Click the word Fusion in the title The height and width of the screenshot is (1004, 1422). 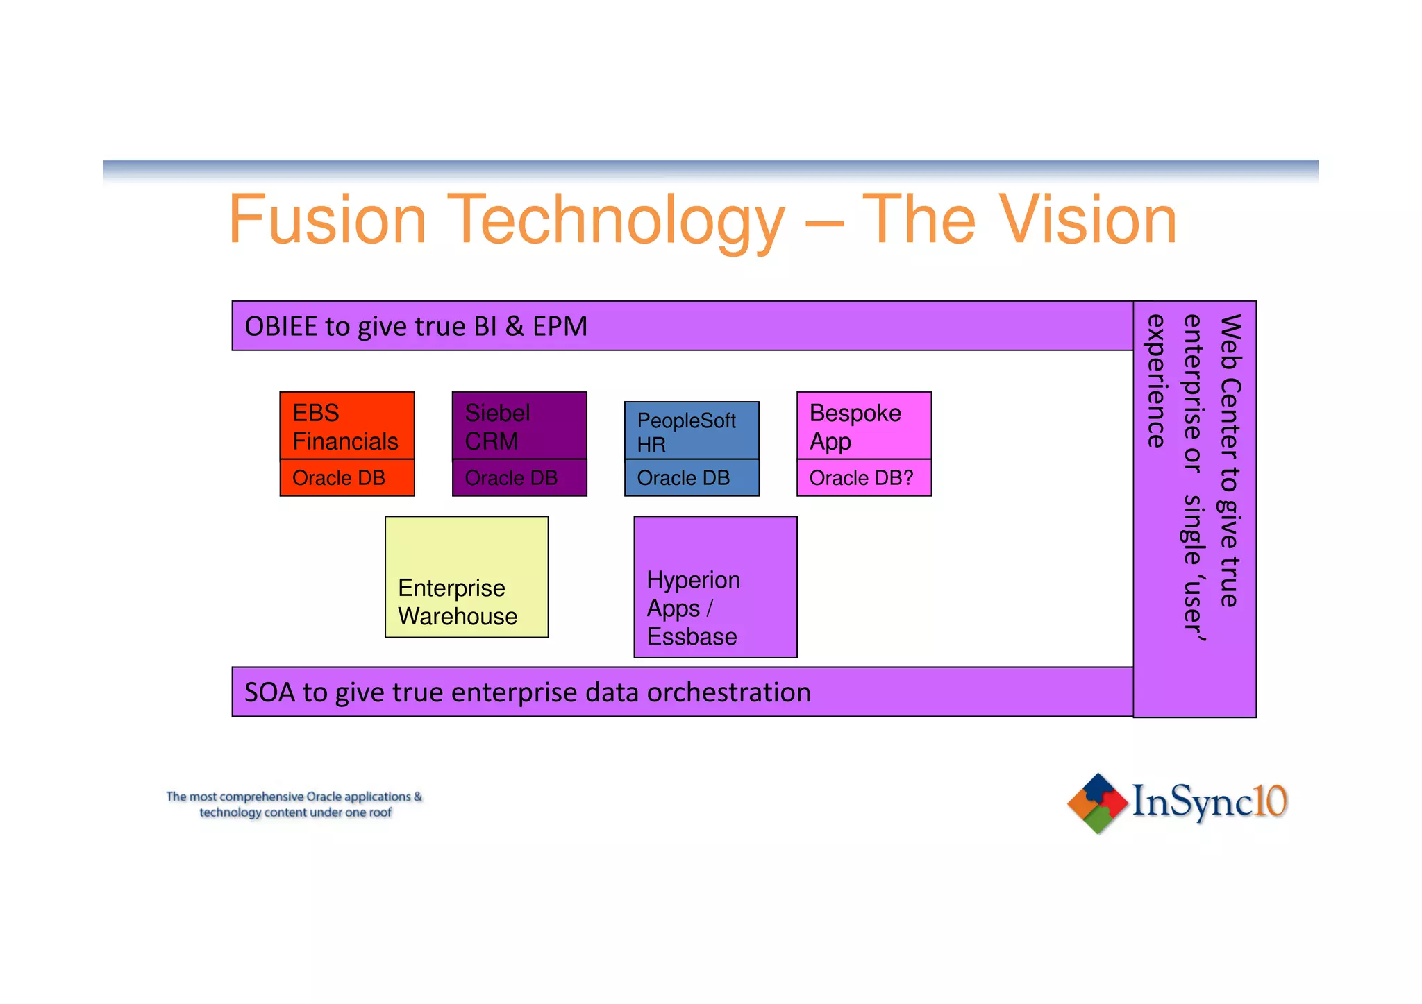click(x=327, y=220)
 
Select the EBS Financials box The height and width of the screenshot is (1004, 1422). click(x=346, y=426)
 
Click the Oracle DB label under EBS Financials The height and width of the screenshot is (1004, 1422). click(x=339, y=478)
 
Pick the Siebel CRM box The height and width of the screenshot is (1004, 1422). click(x=519, y=426)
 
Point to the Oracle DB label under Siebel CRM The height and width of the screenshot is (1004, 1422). click(x=511, y=478)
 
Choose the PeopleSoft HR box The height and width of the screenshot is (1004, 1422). click(x=691, y=432)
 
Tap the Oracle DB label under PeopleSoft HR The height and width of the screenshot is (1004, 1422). click(x=683, y=478)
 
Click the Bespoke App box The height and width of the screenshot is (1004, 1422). click(x=864, y=426)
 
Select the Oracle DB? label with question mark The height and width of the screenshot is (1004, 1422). click(x=861, y=478)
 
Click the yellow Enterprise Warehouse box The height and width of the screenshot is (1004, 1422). click(x=467, y=577)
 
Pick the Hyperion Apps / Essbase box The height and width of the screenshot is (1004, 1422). click(x=715, y=587)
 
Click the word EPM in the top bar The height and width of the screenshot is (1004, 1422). click(x=560, y=327)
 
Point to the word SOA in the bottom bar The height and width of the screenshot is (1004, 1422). click(x=271, y=692)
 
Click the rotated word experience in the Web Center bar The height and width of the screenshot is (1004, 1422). click(x=1155, y=381)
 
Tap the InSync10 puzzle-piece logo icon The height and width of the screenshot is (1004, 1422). click(x=1097, y=803)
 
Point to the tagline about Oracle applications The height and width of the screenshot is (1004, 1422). click(x=294, y=804)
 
